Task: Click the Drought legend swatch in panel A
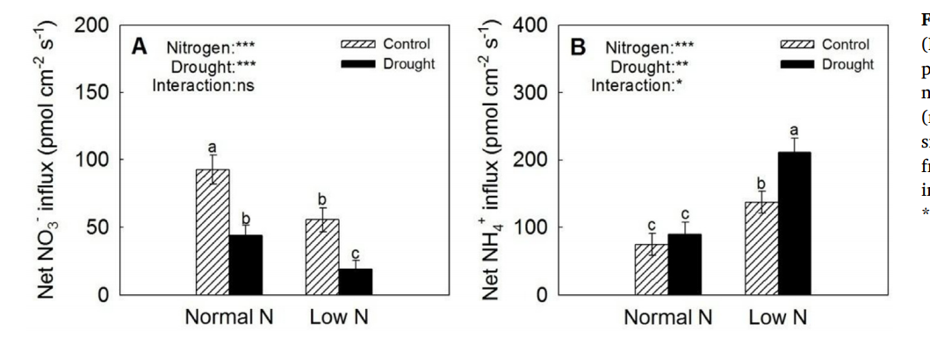coord(357,63)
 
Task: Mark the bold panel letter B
coord(578,47)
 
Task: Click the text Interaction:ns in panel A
coord(200,85)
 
